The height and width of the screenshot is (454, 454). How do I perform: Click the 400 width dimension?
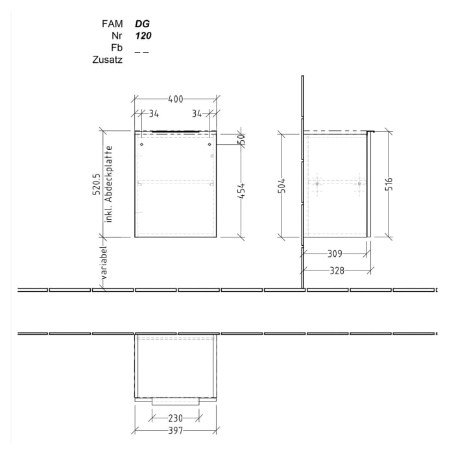click(x=175, y=99)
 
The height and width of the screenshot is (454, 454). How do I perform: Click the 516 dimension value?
click(x=390, y=187)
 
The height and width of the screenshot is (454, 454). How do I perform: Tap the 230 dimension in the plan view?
click(x=175, y=418)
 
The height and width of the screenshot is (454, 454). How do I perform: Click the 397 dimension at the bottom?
click(x=175, y=431)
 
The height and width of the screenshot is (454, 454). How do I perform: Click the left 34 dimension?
click(x=154, y=114)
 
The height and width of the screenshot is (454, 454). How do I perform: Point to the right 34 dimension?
click(x=197, y=114)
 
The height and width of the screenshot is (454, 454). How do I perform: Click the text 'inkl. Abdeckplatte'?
click(x=110, y=185)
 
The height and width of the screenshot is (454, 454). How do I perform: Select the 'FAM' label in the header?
click(x=113, y=23)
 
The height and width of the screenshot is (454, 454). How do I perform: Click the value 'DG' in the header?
click(x=143, y=23)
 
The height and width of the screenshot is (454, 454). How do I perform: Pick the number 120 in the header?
click(x=143, y=36)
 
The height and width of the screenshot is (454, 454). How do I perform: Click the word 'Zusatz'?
click(x=108, y=60)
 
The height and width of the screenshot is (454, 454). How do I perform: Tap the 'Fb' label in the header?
click(x=117, y=48)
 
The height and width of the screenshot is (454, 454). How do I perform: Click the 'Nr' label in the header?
click(x=117, y=36)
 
